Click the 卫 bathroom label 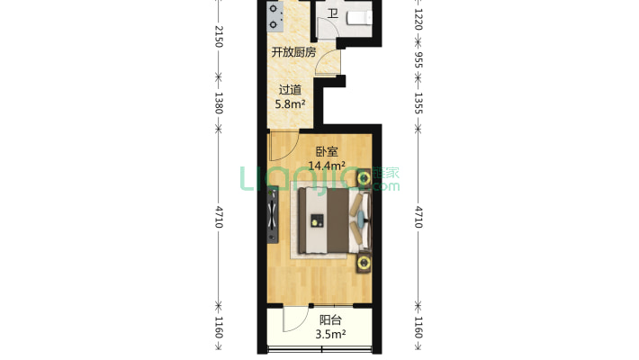(333, 13)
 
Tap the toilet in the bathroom (359, 18)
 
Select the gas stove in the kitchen (273, 16)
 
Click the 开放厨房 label (293, 52)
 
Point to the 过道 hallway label (290, 90)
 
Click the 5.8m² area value (290, 104)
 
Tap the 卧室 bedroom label (327, 152)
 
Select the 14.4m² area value (327, 166)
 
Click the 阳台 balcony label (330, 320)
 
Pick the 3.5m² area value (330, 334)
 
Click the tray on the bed (317, 220)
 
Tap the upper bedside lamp (364, 178)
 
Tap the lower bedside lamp (364, 263)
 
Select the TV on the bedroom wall (273, 214)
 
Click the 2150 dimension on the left (219, 36)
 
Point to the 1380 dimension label (219, 103)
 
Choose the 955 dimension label (418, 59)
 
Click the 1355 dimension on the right (418, 103)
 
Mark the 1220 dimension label (418, 19)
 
